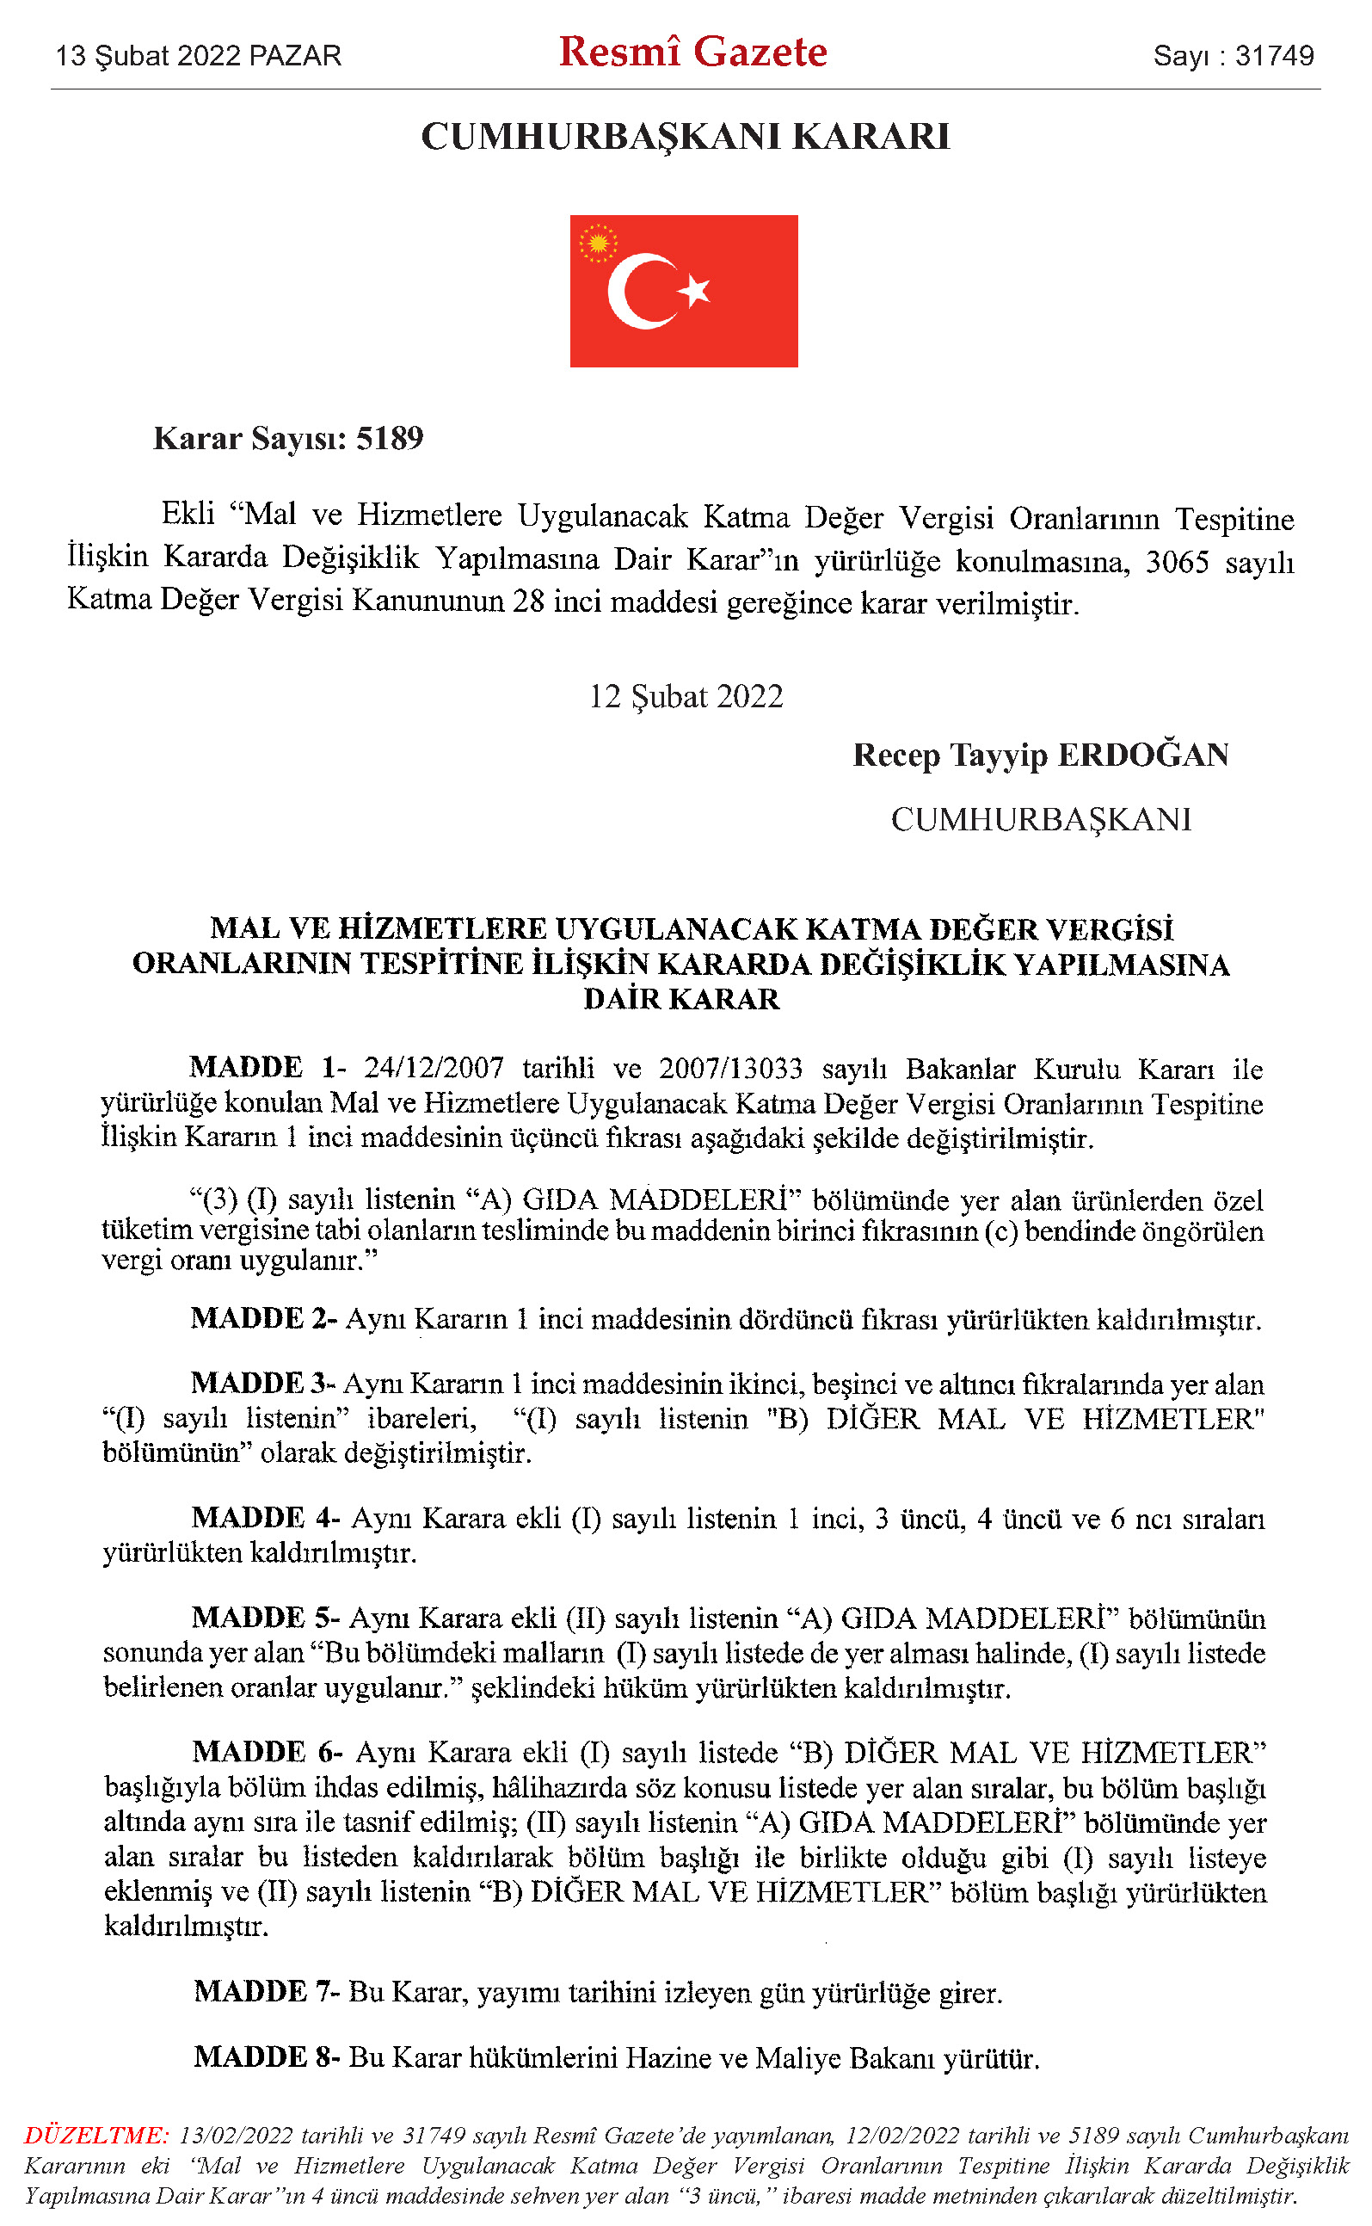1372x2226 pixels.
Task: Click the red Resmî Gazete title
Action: [x=692, y=52]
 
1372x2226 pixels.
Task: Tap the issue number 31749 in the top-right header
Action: [x=1274, y=56]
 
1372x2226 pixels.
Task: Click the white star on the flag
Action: [x=695, y=290]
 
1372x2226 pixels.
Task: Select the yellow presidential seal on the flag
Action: [x=598, y=243]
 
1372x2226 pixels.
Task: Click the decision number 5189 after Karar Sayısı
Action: [x=390, y=438]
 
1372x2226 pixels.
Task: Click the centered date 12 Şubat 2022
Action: [x=686, y=696]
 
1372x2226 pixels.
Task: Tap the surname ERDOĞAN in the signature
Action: [x=1143, y=755]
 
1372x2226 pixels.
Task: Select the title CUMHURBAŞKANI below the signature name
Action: [x=1041, y=819]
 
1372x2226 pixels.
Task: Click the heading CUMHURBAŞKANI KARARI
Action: [x=685, y=137]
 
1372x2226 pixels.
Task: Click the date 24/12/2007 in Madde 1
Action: [x=434, y=1068]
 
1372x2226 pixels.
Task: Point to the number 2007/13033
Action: [x=730, y=1068]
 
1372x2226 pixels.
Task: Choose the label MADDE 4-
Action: [x=266, y=1518]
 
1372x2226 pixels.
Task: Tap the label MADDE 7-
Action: [x=267, y=1992]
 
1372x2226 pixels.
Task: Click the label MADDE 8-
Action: [x=267, y=2057]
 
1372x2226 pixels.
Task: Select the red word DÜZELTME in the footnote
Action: [x=95, y=2136]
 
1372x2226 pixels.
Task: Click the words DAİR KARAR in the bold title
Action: [x=681, y=999]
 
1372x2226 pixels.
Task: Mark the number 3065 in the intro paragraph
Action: [x=1177, y=562]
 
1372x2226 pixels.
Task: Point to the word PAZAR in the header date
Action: [x=296, y=56]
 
